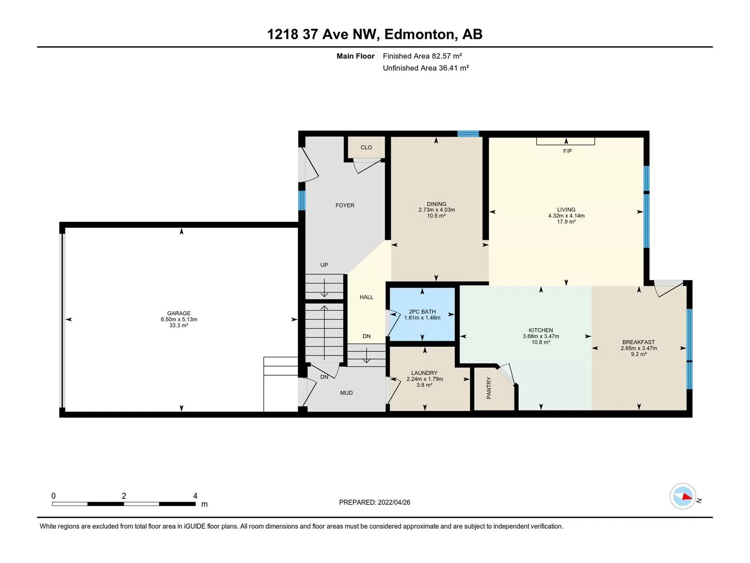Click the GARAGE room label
pyautogui.click(x=179, y=313)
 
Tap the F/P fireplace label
pyautogui.click(x=567, y=151)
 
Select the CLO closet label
pyautogui.click(x=366, y=147)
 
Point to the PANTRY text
pyautogui.click(x=488, y=388)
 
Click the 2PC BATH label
pyautogui.click(x=422, y=312)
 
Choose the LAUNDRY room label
pyautogui.click(x=424, y=373)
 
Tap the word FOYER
pyautogui.click(x=345, y=205)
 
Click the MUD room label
pyautogui.click(x=346, y=393)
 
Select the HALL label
pyautogui.click(x=366, y=297)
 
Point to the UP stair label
pyautogui.click(x=324, y=265)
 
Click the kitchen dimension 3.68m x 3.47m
pyautogui.click(x=541, y=336)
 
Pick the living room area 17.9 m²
pyautogui.click(x=566, y=221)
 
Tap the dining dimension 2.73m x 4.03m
pyautogui.click(x=437, y=210)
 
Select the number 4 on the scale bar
pyautogui.click(x=195, y=495)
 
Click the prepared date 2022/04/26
pyautogui.click(x=394, y=502)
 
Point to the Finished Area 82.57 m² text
pyautogui.click(x=422, y=56)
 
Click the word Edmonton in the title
pyautogui.click(x=420, y=34)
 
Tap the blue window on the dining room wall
pyautogui.click(x=468, y=134)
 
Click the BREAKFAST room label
pyautogui.click(x=638, y=342)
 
